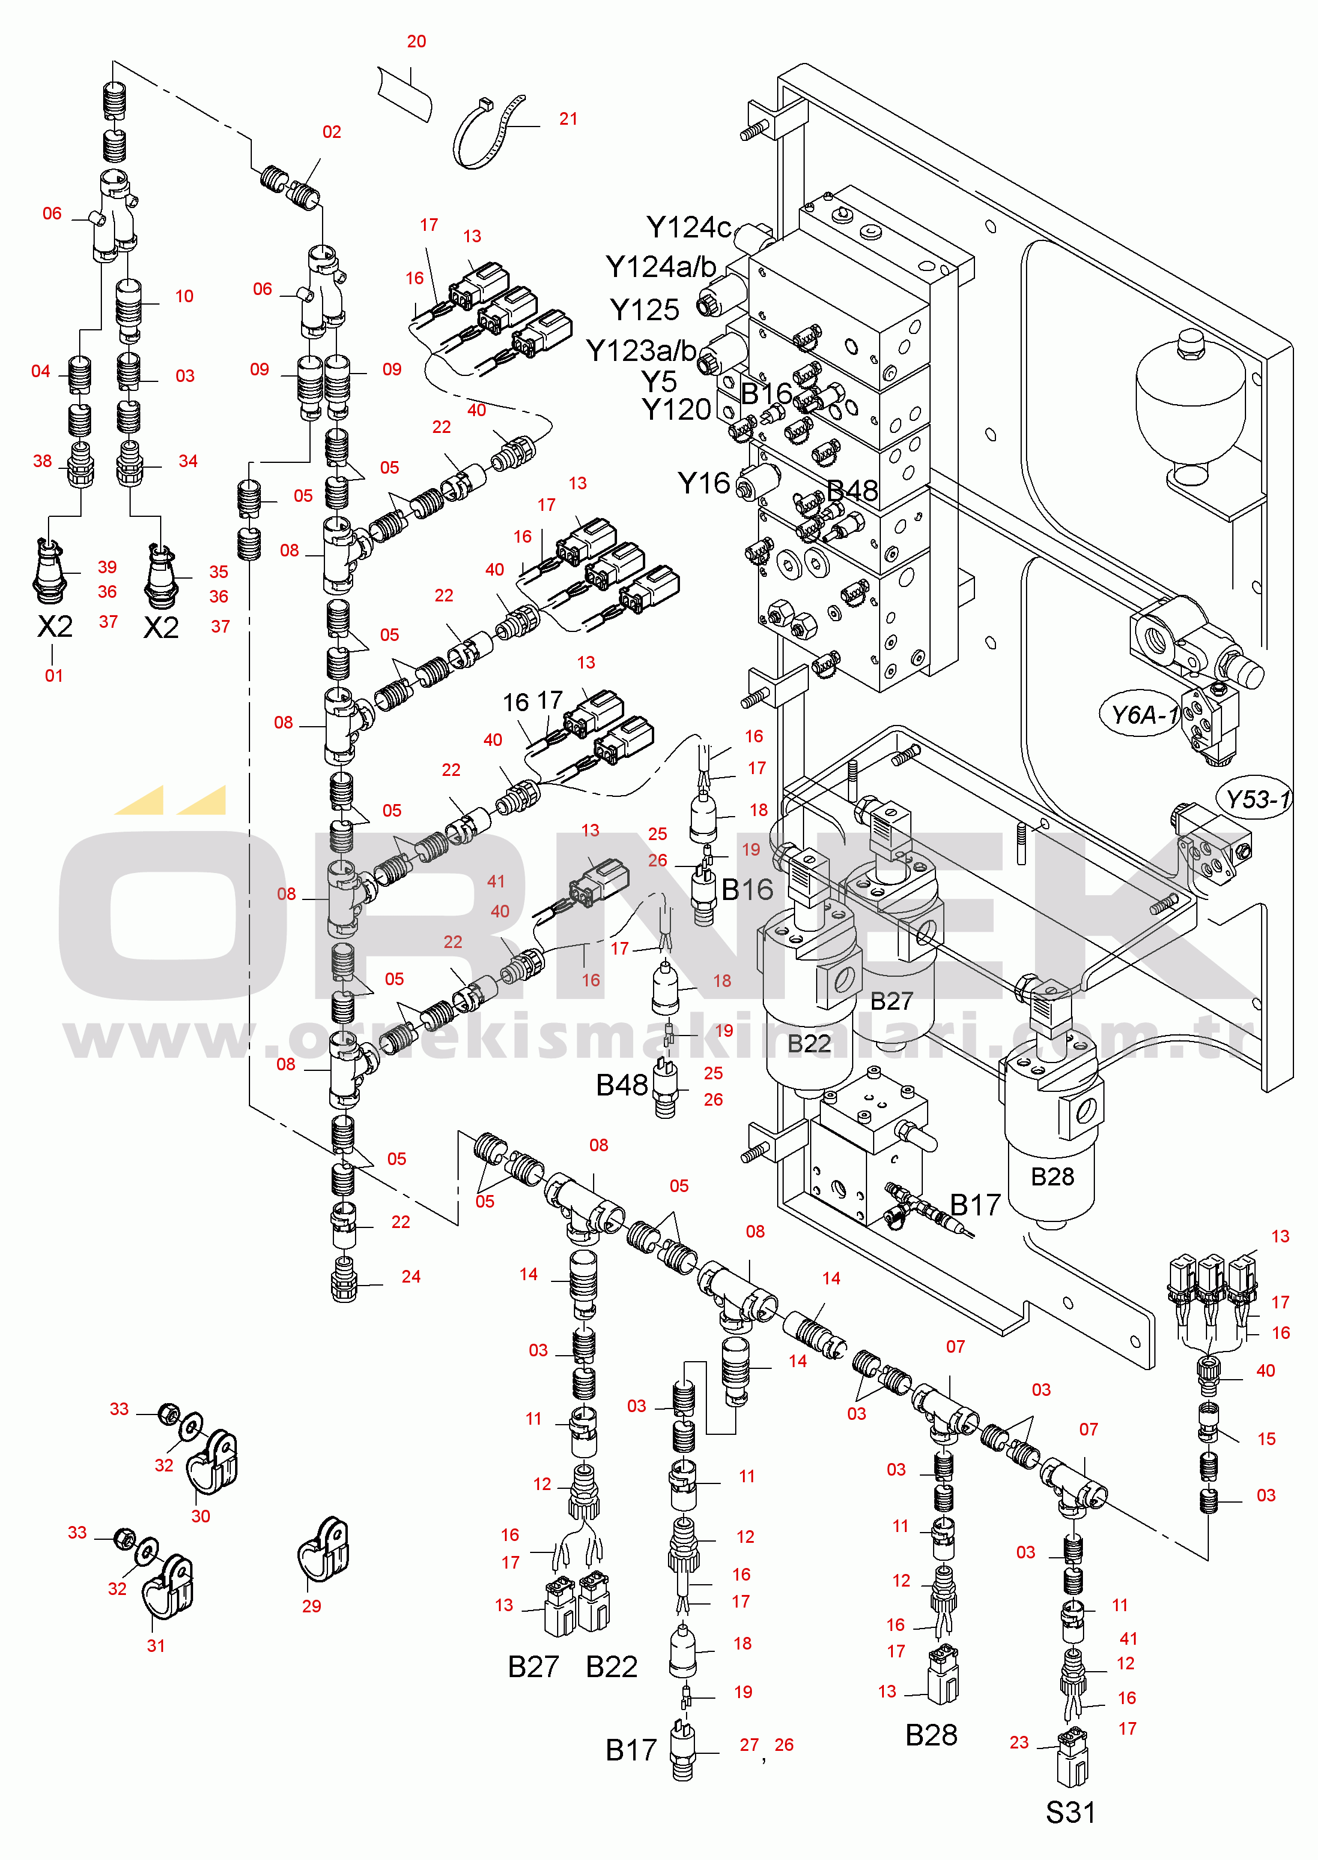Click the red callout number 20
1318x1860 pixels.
click(x=416, y=41)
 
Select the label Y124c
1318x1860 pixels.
click(x=688, y=227)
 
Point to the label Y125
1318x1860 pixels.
click(x=645, y=310)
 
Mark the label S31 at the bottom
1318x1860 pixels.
click(x=1070, y=1812)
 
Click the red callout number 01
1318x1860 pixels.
click(x=53, y=675)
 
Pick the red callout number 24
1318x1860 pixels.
click(x=411, y=1277)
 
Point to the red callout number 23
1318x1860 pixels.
click(x=1019, y=1742)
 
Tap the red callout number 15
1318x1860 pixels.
click(x=1266, y=1439)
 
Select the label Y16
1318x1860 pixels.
click(x=703, y=484)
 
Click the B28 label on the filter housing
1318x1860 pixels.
click(x=1052, y=1176)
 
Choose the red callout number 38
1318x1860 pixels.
click(x=42, y=461)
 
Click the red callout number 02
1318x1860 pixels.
click(x=332, y=131)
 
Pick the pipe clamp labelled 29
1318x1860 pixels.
click(x=323, y=1550)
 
